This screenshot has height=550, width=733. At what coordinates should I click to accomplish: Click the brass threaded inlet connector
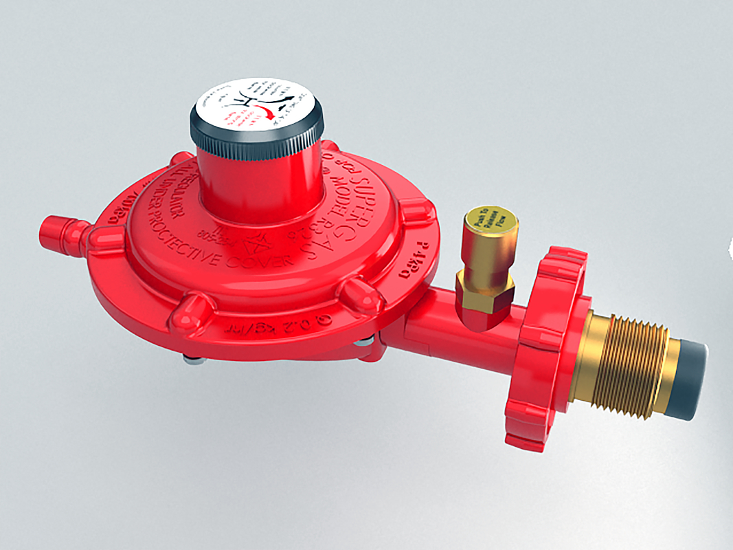[622, 364]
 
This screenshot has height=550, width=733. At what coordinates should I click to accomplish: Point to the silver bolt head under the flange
[194, 358]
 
